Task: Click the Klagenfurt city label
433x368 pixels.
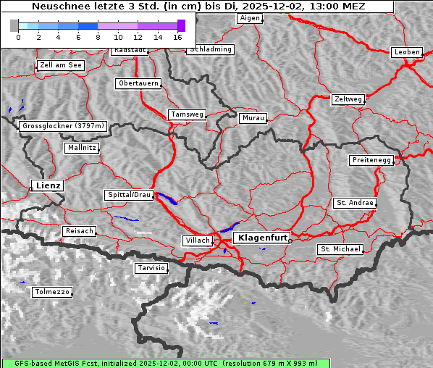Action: [263, 237]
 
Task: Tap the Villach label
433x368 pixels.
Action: [197, 240]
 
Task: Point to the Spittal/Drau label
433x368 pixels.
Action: [129, 195]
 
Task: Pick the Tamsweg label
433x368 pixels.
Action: [188, 114]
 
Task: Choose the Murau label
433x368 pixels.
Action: [253, 117]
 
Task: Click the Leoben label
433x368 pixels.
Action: [406, 52]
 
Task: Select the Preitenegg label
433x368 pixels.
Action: [371, 160]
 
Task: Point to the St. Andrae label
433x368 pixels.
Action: [354, 203]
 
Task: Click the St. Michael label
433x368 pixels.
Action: [340, 249]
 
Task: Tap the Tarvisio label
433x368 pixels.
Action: [151, 268]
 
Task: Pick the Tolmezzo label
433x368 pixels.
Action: [52, 292]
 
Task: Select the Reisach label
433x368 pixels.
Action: [79, 231]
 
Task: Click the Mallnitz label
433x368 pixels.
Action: [81, 148]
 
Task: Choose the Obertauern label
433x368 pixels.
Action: [138, 83]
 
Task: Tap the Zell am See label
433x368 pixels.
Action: [61, 65]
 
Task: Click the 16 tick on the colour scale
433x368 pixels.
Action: [177, 36]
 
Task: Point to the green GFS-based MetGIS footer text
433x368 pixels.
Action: [216, 363]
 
